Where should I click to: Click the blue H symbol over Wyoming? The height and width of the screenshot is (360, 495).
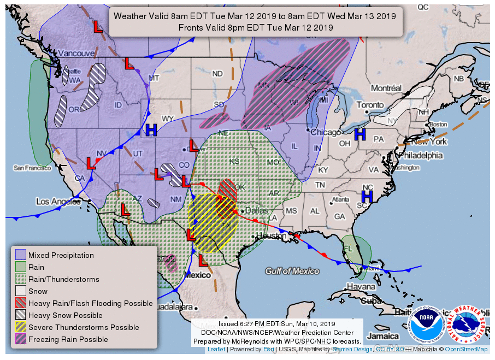point(151,130)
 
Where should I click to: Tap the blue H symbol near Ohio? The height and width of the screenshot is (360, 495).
point(360,134)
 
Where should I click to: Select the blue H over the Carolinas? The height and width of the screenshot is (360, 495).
point(368,194)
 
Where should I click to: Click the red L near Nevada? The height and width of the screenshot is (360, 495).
point(91,163)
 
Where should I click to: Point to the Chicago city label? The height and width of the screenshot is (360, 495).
point(326,132)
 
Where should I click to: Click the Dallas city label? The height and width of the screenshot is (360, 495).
point(257,210)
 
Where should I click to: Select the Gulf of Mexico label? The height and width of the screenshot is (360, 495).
point(292,271)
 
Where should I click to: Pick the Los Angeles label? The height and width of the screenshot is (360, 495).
point(58,202)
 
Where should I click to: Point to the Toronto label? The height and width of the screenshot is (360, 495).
point(370,105)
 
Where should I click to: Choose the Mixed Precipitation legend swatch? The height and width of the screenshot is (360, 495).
point(21,255)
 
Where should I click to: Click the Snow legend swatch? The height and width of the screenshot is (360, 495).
point(21,291)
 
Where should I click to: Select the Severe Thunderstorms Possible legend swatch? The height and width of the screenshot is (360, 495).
point(21,327)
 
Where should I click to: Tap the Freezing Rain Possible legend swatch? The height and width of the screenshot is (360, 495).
point(21,339)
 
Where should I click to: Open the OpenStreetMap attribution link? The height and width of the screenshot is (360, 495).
point(466,350)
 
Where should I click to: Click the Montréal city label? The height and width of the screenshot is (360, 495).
point(386,88)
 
